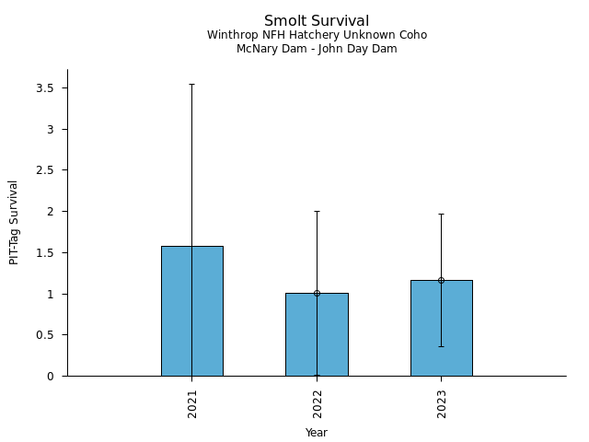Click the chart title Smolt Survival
point(317,21)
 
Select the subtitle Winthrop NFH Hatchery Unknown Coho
point(317,36)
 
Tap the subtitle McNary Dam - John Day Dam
point(317,49)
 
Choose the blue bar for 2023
point(441,328)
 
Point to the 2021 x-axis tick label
point(192,403)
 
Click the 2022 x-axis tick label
point(317,403)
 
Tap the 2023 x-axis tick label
point(442,403)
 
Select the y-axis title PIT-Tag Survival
point(15,222)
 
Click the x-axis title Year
point(317,433)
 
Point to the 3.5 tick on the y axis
point(46,88)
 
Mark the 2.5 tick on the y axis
point(46,170)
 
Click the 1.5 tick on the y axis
point(46,253)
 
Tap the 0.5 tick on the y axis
point(46,335)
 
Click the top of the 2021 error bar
point(191,84)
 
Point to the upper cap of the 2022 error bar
point(317,211)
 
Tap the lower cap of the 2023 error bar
point(441,346)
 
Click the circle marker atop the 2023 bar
point(441,280)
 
